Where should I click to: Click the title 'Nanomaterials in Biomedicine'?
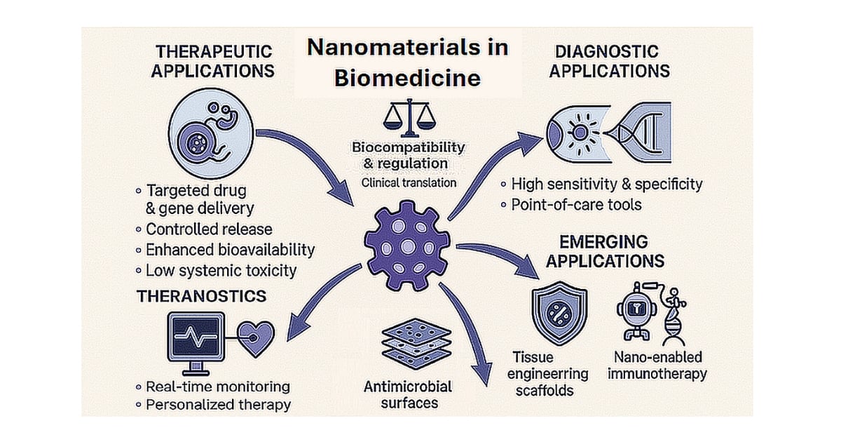click(407, 62)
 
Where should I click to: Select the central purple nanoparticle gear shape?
click(407, 245)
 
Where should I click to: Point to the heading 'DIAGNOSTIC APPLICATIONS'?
click(608, 62)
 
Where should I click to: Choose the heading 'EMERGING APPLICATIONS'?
click(604, 251)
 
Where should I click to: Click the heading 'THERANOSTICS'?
click(202, 296)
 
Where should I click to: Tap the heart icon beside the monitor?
click(257, 337)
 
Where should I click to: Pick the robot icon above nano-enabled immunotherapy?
click(636, 313)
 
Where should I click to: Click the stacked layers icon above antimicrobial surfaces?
click(409, 343)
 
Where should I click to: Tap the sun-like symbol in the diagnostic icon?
click(581, 133)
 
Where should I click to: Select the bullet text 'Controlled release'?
click(208, 229)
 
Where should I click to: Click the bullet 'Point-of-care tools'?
click(575, 205)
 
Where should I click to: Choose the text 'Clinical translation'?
click(409, 182)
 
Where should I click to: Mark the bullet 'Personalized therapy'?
click(217, 405)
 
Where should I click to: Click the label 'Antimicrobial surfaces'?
click(409, 395)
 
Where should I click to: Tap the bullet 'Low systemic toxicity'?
click(220, 271)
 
